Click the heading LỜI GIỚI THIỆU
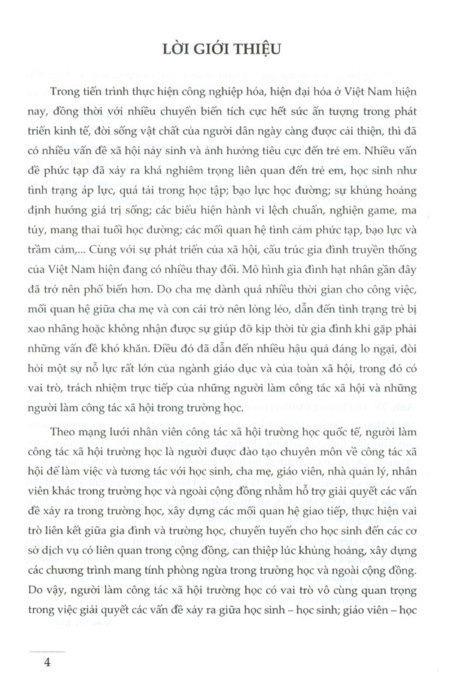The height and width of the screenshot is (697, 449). click(x=221, y=48)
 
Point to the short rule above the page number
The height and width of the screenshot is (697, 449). click(x=47, y=651)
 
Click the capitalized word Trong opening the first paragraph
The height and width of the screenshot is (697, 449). click(x=65, y=92)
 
